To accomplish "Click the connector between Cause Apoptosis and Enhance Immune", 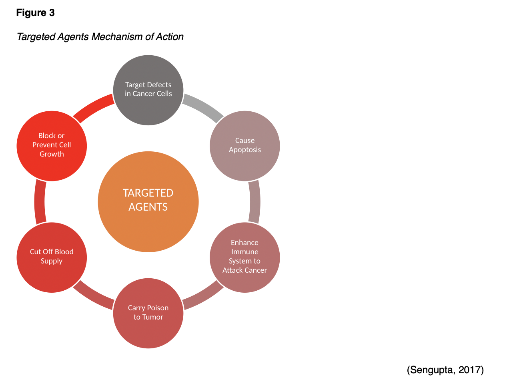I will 254,202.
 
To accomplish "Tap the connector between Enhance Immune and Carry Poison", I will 203,296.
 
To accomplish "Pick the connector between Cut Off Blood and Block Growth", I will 40,202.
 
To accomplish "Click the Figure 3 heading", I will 35,13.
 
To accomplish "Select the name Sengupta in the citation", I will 431,370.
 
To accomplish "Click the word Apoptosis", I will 244,150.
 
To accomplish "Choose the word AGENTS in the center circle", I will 148,207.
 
